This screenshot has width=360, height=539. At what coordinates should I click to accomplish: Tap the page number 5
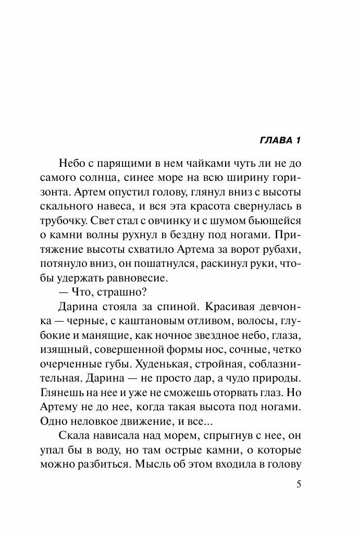click(299, 484)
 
